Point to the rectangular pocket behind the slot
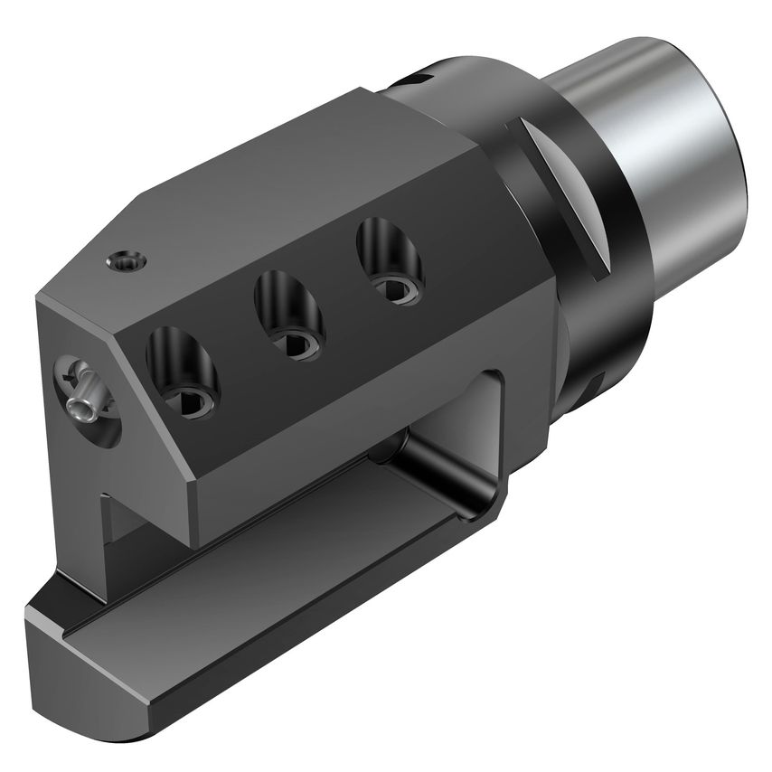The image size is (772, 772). [x=475, y=434]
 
